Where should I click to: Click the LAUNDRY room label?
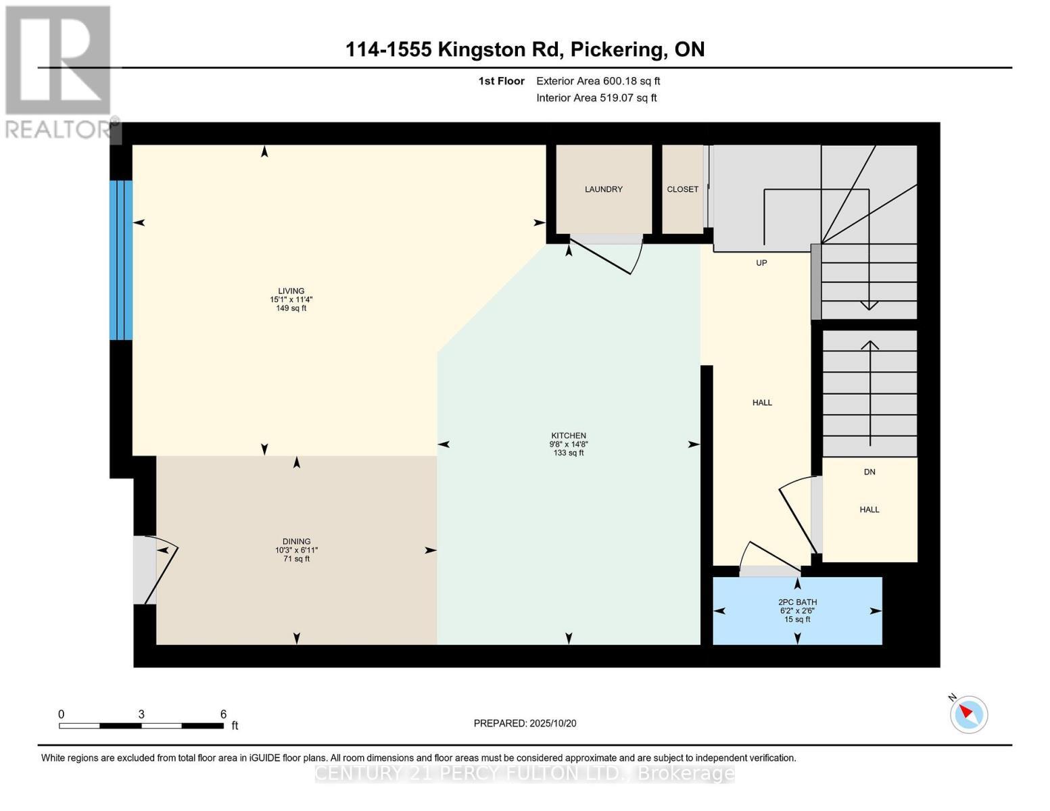tap(603, 189)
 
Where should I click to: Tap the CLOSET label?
tap(682, 189)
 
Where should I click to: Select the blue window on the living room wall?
tap(121, 260)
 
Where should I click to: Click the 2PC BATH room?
tap(797, 610)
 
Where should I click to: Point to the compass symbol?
tap(969, 714)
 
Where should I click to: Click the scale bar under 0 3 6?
tap(141, 726)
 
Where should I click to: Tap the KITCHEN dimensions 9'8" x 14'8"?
tap(568, 445)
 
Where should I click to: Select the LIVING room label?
tap(291, 291)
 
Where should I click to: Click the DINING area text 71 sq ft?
tap(296, 559)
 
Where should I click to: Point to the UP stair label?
tap(761, 263)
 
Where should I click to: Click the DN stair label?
tap(869, 472)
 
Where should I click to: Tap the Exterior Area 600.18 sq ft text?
tap(598, 81)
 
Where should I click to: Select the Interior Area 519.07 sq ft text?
tap(596, 98)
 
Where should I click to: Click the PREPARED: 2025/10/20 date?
tap(525, 723)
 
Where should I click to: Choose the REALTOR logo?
tap(58, 71)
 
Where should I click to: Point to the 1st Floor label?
tap(501, 81)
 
